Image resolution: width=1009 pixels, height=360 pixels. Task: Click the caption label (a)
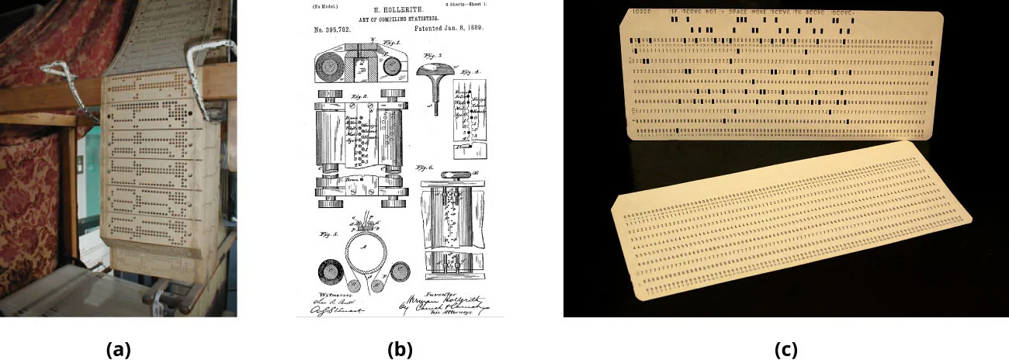click(118, 349)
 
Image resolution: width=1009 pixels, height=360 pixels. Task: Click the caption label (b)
click(399, 349)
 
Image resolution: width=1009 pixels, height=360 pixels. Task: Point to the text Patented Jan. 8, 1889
click(446, 29)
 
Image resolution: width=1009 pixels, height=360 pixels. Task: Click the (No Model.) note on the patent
click(327, 5)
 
